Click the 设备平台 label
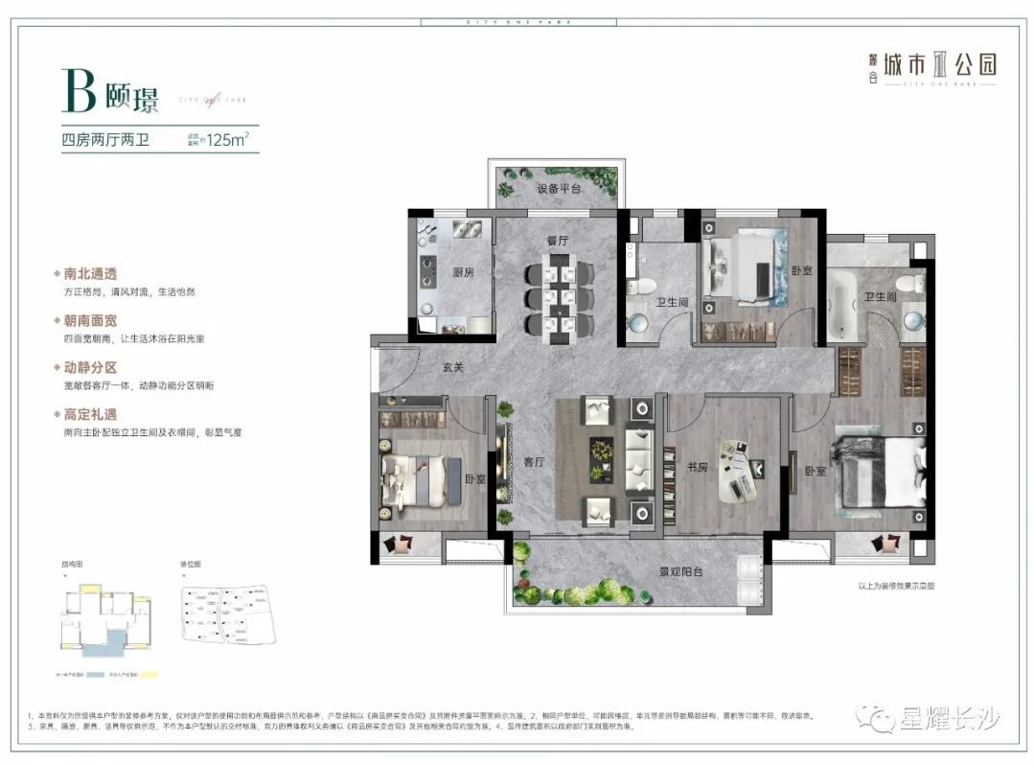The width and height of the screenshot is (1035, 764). pos(559,189)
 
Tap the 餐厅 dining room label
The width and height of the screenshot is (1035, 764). pos(558,241)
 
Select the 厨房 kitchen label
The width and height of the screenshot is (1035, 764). pos(464,271)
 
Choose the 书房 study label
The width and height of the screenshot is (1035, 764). pos(698,469)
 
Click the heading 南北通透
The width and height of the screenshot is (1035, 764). pos(92,273)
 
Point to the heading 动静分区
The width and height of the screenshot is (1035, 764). pos(92,367)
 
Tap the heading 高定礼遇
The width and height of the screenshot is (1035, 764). pos(92,414)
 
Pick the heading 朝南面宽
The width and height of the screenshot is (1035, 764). pos(92,320)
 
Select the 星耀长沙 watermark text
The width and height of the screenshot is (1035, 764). pos(949,717)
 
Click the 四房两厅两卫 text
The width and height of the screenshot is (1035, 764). pos(108,140)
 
